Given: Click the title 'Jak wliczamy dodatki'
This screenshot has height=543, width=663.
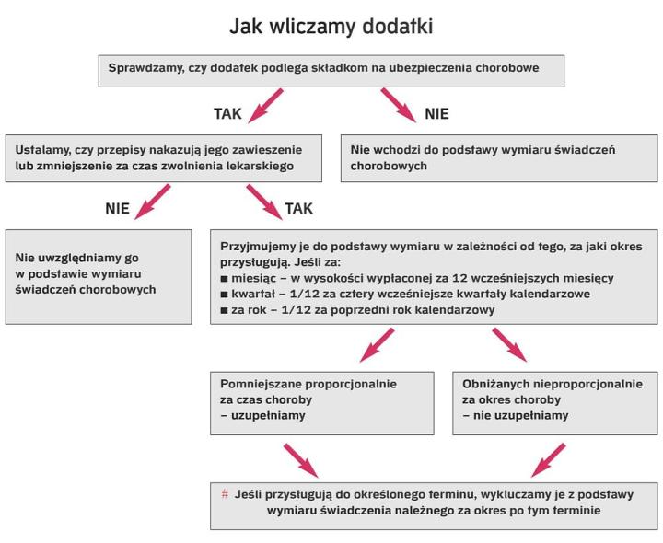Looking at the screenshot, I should pos(331,28).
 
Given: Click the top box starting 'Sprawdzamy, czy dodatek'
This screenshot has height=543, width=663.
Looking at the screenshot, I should pos(331,69).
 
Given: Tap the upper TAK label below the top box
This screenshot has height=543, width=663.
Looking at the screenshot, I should pos(227,115).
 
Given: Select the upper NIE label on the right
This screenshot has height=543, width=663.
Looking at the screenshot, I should pos(436,115).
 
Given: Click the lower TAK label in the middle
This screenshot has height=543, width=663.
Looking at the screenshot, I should pos(298,209).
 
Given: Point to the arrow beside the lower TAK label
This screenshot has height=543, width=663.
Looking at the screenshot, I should pos(262,201).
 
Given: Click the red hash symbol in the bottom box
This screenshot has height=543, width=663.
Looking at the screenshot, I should pos(226,493).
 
